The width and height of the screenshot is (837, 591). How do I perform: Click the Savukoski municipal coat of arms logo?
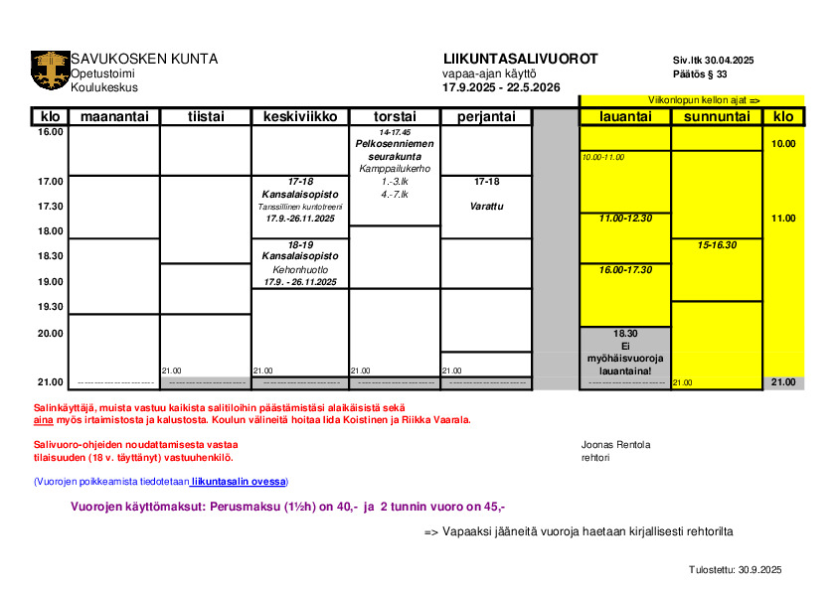pyautogui.click(x=51, y=71)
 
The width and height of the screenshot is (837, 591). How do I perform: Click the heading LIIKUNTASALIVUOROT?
pyautogui.click(x=520, y=59)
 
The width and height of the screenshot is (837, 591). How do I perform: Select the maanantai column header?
pyautogui.click(x=113, y=117)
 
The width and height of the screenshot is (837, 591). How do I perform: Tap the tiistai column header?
pyautogui.click(x=206, y=117)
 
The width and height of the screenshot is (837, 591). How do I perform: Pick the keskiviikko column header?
pyautogui.click(x=299, y=117)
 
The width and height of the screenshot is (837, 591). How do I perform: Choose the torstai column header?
pyautogui.click(x=395, y=117)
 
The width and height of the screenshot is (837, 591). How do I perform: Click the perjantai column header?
pyautogui.click(x=486, y=117)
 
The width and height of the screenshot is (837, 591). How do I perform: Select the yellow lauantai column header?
pyautogui.click(x=625, y=117)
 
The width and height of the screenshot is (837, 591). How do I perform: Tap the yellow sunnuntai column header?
pyautogui.click(x=717, y=117)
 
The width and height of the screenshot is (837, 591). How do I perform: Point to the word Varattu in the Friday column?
pyautogui.click(x=487, y=207)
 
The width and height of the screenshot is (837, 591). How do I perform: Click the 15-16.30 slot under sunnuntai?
pyautogui.click(x=717, y=244)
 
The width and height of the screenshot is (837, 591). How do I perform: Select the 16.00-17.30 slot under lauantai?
pyautogui.click(x=625, y=269)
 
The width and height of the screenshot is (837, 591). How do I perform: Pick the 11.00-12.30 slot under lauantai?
pyautogui.click(x=625, y=218)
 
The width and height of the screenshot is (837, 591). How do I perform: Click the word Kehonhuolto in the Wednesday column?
pyautogui.click(x=300, y=269)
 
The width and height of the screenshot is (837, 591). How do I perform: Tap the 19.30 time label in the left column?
pyautogui.click(x=51, y=307)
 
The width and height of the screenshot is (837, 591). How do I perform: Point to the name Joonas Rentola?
pyautogui.click(x=616, y=444)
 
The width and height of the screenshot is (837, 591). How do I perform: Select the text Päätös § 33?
pyautogui.click(x=700, y=74)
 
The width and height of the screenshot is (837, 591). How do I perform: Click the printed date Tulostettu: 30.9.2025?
pyautogui.click(x=736, y=569)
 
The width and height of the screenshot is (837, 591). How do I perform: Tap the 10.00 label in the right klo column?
pyautogui.click(x=783, y=144)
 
